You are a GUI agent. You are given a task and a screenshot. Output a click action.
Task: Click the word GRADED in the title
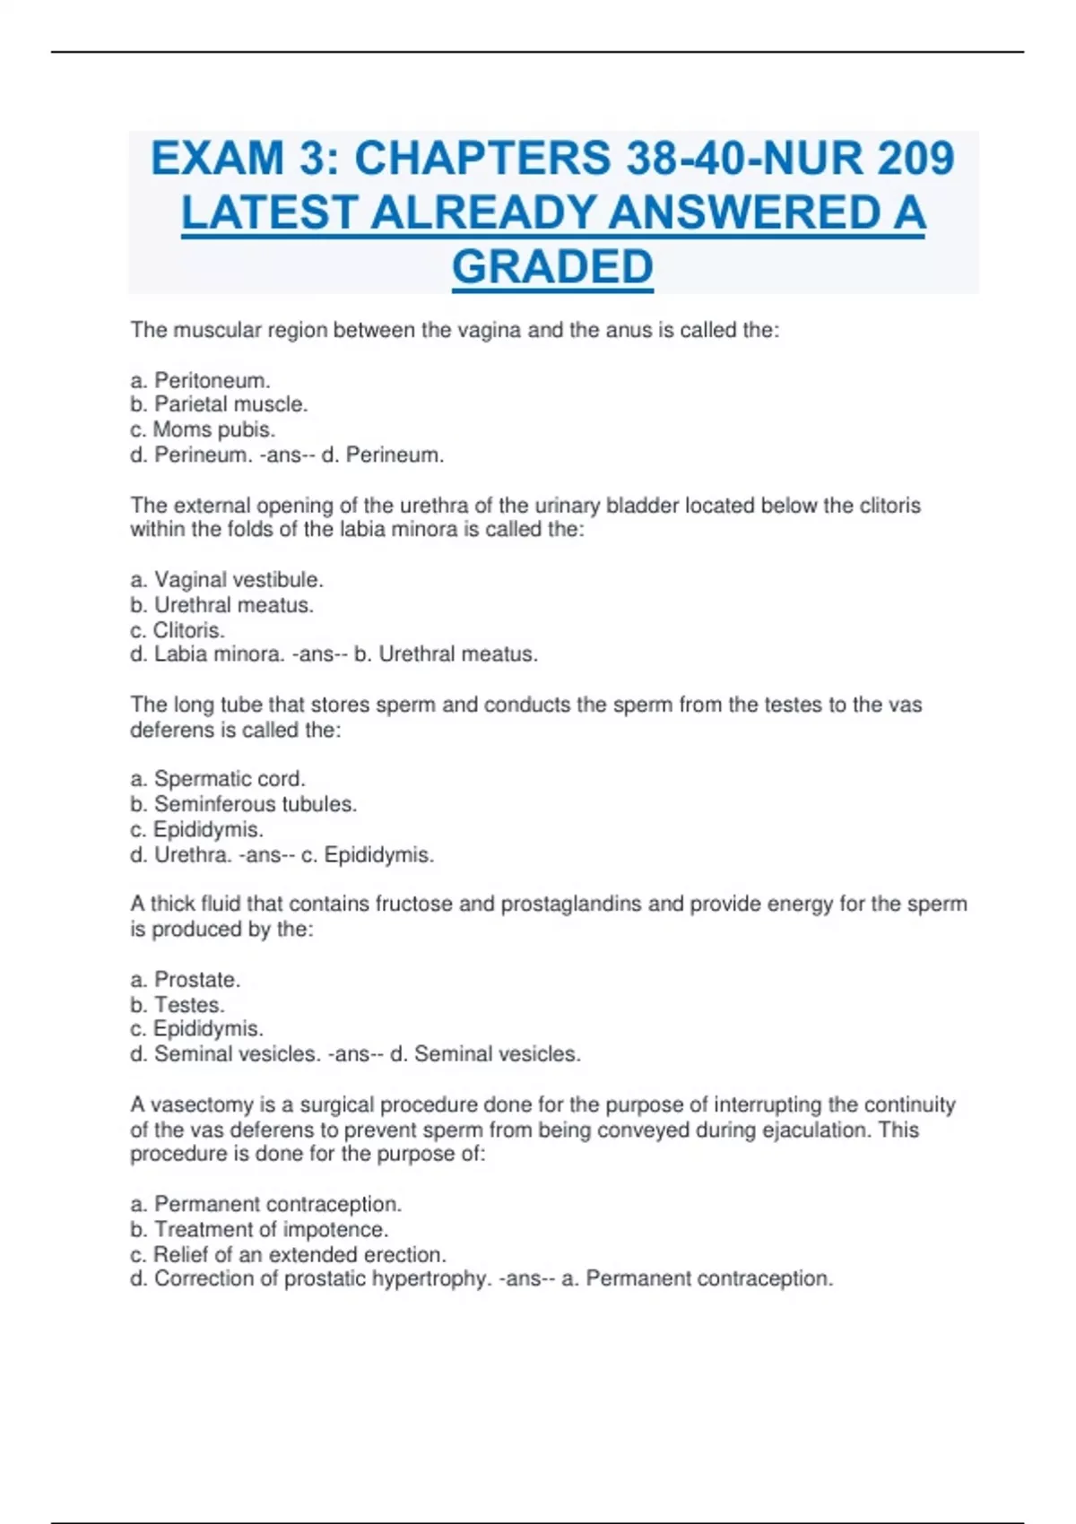(552, 267)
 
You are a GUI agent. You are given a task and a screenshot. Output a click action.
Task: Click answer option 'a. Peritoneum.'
(200, 380)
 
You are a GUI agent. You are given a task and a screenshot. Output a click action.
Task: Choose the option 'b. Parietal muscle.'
(219, 404)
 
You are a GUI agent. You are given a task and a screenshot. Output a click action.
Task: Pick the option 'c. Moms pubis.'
(203, 429)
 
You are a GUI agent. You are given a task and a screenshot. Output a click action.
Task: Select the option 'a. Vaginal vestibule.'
(227, 580)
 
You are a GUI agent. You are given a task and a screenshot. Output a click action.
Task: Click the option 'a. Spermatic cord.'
(218, 779)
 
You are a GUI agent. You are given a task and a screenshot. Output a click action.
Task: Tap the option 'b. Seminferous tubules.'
(243, 804)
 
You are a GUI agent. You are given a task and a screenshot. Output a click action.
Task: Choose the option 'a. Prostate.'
(186, 979)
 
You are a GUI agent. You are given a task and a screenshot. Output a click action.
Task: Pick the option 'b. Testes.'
(178, 1004)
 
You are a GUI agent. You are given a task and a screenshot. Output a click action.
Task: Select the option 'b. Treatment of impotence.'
(259, 1229)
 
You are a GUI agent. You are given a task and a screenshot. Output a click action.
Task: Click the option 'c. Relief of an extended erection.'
(288, 1254)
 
